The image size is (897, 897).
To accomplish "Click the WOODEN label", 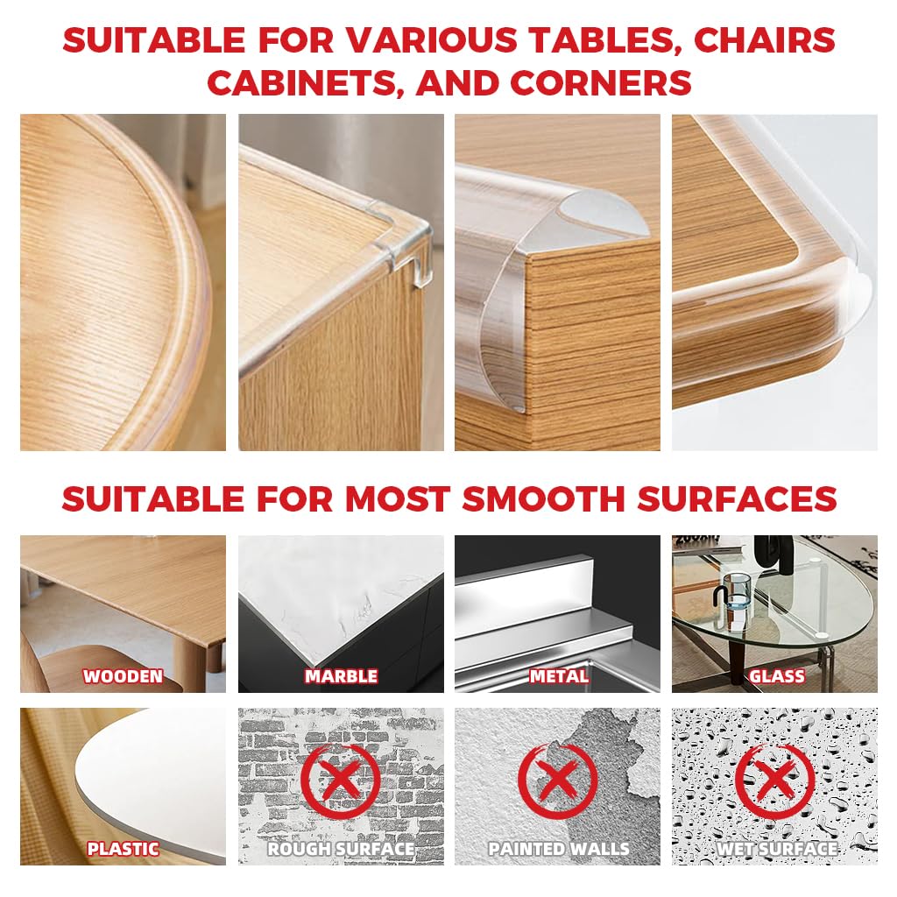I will tap(123, 676).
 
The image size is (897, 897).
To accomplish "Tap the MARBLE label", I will tap(341, 676).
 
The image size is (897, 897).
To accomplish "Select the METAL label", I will tap(558, 676).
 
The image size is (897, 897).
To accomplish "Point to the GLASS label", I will tap(776, 676).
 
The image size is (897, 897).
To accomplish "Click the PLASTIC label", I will tap(123, 849).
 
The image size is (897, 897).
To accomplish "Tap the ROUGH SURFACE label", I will tap(341, 849).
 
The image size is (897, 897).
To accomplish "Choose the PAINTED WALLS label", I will tap(558, 849).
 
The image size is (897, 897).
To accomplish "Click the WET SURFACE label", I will tap(776, 849).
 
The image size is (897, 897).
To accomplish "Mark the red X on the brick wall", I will tap(341, 780).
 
